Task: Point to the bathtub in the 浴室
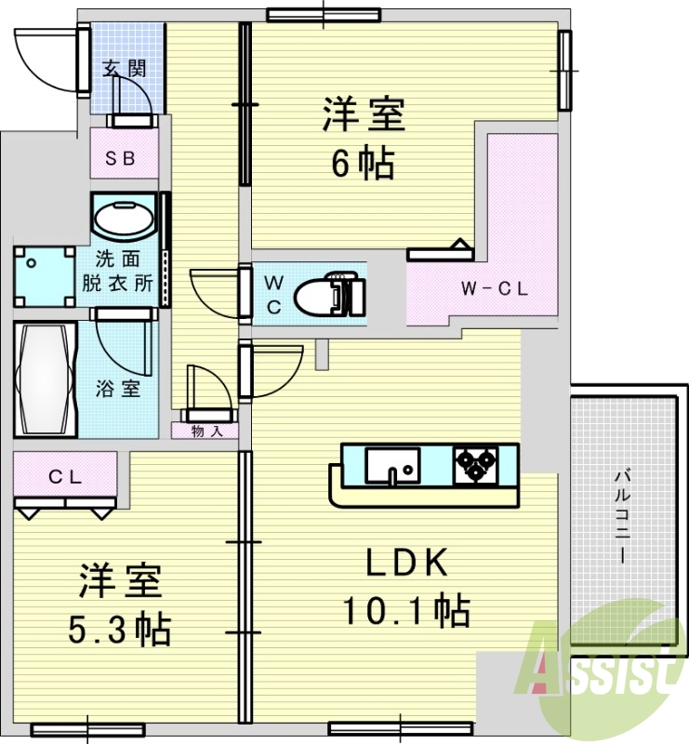[x=44, y=379]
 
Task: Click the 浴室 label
[x=118, y=390]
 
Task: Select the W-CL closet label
[x=495, y=289]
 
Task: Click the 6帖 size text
[x=364, y=165]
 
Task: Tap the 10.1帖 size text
[x=405, y=611]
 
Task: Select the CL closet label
[x=65, y=478]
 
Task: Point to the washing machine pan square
[x=44, y=274]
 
